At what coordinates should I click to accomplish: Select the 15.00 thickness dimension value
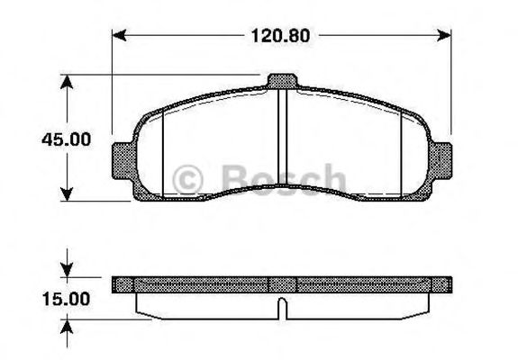(64, 299)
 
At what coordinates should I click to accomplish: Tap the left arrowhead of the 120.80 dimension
(116, 37)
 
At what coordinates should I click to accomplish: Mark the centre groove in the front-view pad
(281, 135)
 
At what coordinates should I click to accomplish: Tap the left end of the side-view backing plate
(118, 284)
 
